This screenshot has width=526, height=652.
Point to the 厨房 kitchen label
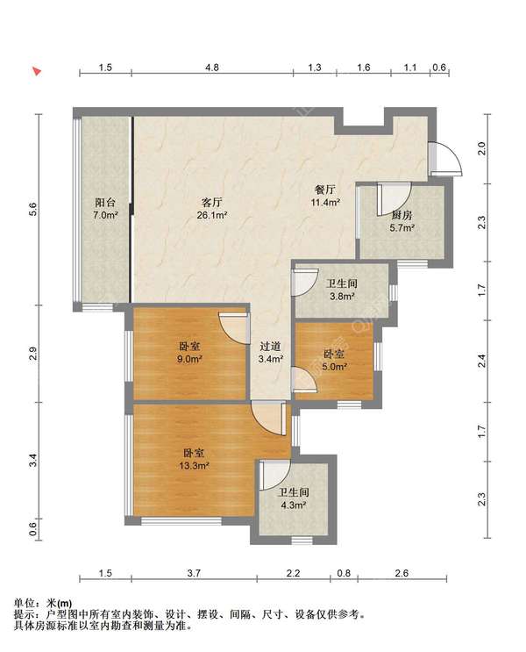point(402,215)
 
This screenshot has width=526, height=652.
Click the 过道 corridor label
point(270,346)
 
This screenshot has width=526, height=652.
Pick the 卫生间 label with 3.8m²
point(341,283)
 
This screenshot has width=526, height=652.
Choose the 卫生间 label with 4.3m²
point(292,493)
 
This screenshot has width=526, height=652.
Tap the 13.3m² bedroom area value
point(194,465)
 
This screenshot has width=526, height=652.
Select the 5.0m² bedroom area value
point(334,367)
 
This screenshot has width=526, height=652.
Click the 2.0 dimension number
point(481,148)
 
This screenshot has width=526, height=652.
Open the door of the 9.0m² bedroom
point(234,328)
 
